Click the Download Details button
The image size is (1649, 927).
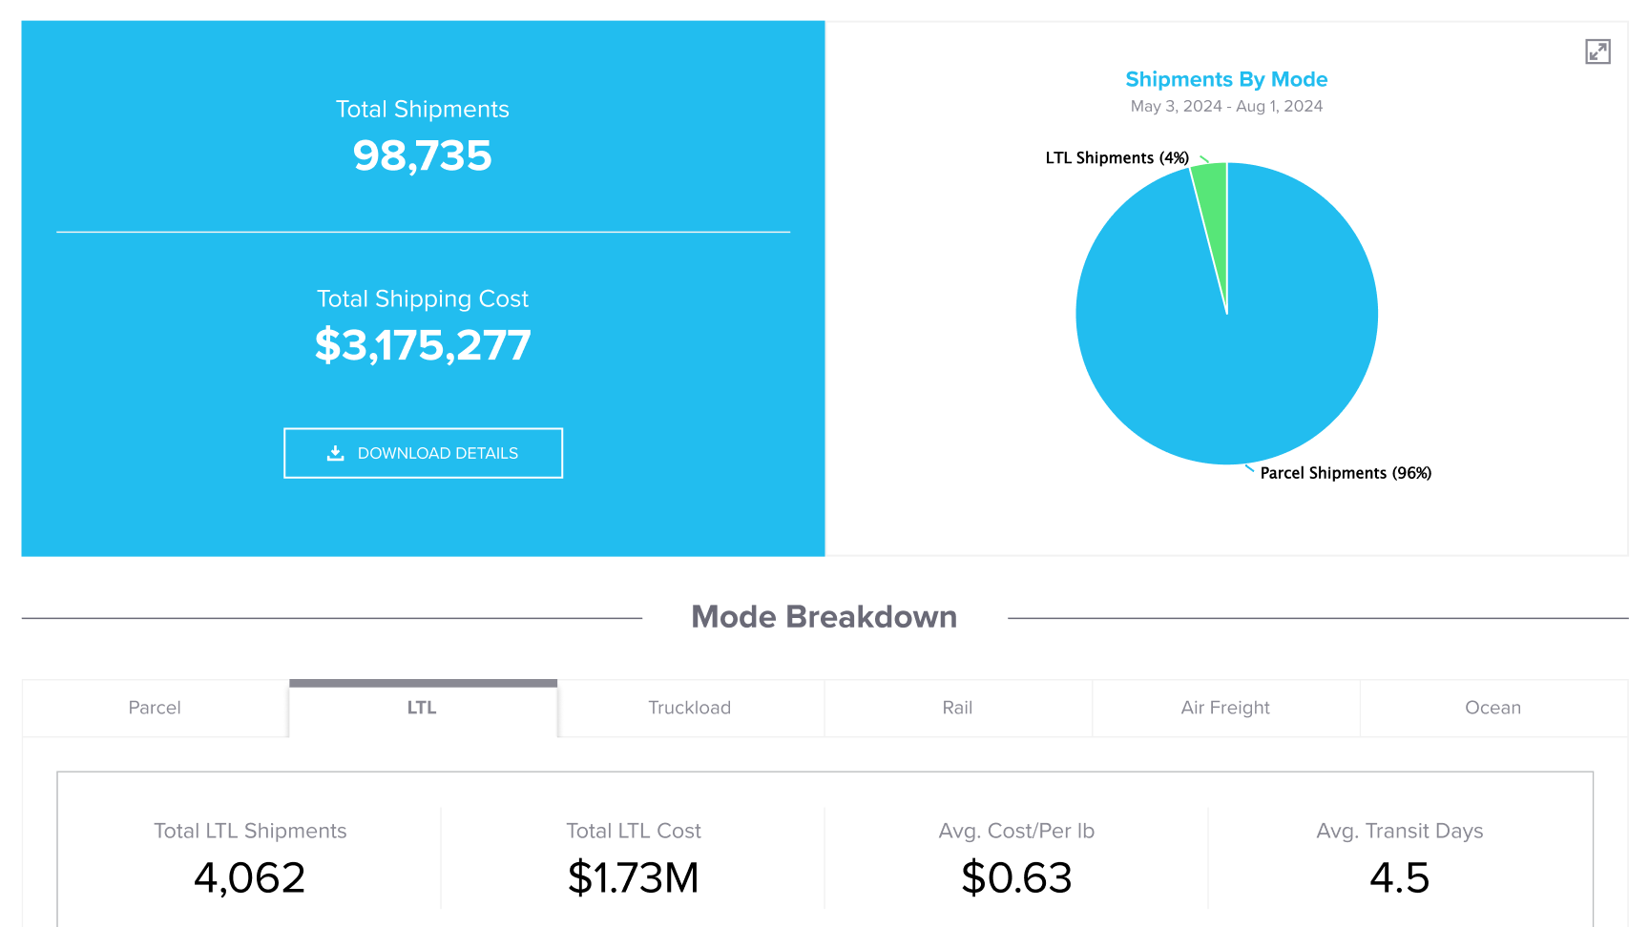[x=423, y=453]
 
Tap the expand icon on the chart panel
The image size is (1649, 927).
[x=1597, y=51]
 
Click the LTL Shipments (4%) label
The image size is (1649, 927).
[x=1117, y=158]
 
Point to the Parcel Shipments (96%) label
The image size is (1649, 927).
[x=1346, y=473]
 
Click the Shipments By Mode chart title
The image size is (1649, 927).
[x=1226, y=79]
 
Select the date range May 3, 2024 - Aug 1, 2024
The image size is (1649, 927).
[x=1226, y=106]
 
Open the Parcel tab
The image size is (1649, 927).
[x=155, y=708]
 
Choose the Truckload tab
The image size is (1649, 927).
[x=690, y=708]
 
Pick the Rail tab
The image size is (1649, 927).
[x=957, y=708]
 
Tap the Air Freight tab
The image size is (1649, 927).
[x=1225, y=708]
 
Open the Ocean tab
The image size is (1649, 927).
[x=1493, y=708]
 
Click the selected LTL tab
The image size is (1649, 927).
[x=423, y=708]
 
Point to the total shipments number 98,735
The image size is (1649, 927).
[x=423, y=155]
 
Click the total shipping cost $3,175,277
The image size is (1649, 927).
[x=423, y=345]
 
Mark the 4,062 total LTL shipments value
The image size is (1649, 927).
[x=250, y=877]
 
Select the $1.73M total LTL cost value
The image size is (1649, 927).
[x=634, y=877]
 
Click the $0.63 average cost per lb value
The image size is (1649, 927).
[x=1016, y=877]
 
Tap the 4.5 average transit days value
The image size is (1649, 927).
[x=1400, y=877]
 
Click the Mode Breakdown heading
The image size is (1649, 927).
[x=824, y=617]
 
